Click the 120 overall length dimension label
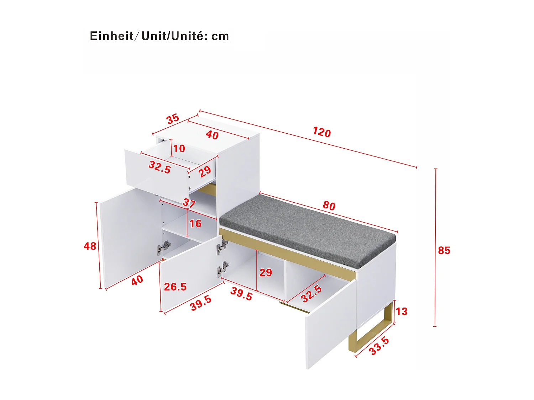click(x=322, y=132)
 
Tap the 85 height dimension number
click(x=444, y=251)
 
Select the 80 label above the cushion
click(x=329, y=206)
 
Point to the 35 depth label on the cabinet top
click(x=173, y=119)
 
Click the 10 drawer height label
click(x=179, y=149)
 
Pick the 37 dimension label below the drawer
click(x=189, y=203)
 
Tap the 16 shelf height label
click(x=195, y=224)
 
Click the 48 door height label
click(x=90, y=246)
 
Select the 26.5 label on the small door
click(x=175, y=287)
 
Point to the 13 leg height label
click(x=401, y=311)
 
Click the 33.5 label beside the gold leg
click(x=379, y=346)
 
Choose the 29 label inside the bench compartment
click(x=266, y=273)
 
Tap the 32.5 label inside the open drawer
click(x=159, y=167)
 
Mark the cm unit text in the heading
click(x=220, y=36)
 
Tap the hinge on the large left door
click(x=164, y=247)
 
